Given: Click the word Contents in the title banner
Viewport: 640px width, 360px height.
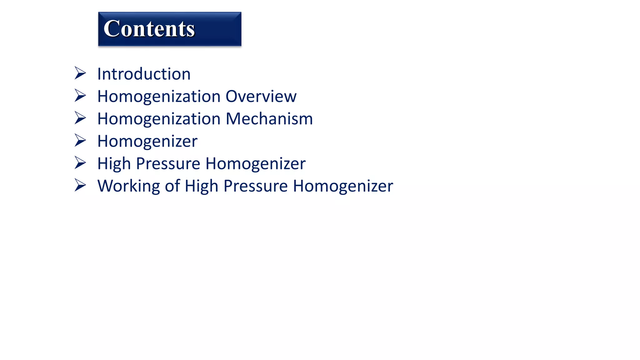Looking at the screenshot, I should click(x=149, y=29).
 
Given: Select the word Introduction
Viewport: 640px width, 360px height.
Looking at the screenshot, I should click(x=144, y=74).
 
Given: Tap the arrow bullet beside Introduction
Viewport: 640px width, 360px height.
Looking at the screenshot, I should click(x=80, y=73).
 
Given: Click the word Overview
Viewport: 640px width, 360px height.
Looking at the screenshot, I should click(x=261, y=96).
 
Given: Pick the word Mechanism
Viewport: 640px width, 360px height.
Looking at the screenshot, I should click(x=269, y=119).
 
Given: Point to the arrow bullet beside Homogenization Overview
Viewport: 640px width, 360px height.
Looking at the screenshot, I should click(x=80, y=96).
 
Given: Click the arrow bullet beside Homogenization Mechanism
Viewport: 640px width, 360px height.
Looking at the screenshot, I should click(x=80, y=118).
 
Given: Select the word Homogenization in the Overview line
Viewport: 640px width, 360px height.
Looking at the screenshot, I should click(x=159, y=97).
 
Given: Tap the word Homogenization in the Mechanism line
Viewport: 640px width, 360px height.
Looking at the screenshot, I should click(x=159, y=119).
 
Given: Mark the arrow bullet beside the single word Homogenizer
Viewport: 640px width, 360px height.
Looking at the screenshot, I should click(x=80, y=141).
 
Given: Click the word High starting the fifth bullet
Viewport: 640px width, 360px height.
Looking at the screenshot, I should click(x=114, y=164).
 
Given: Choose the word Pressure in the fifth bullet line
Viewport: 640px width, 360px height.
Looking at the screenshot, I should click(x=168, y=164).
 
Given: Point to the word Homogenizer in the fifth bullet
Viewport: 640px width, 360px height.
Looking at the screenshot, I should click(x=255, y=164).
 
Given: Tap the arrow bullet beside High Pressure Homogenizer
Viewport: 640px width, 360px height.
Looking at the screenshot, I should click(x=80, y=163).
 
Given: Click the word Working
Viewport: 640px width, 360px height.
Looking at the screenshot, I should click(x=128, y=186).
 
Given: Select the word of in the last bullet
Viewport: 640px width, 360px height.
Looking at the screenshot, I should click(x=172, y=186).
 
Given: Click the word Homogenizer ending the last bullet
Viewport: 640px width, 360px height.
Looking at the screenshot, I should click(x=343, y=186).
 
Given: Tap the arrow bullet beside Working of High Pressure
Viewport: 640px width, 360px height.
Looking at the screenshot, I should click(x=80, y=185).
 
